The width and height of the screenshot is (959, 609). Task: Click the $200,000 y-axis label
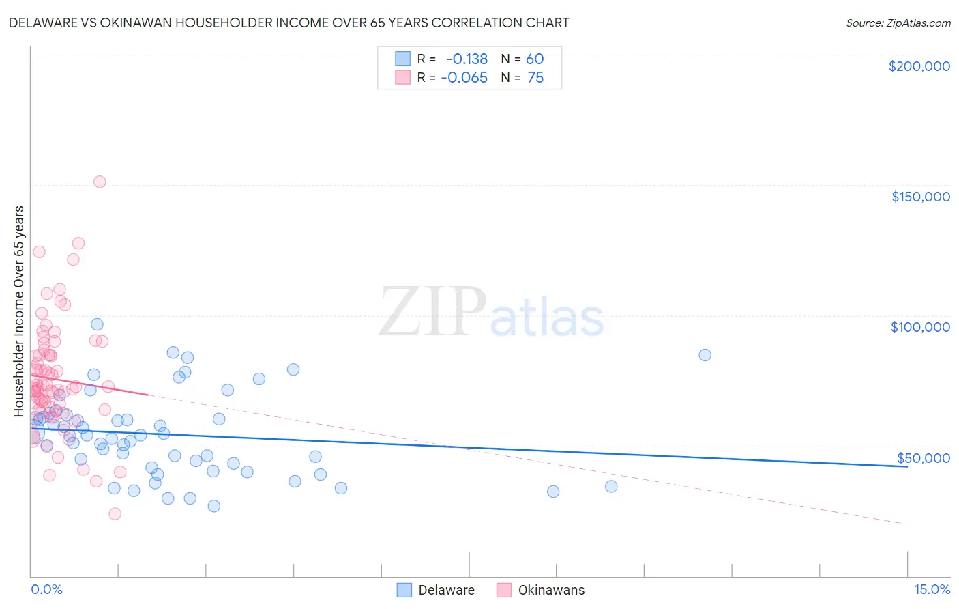(x=919, y=66)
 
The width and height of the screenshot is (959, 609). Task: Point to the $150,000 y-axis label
(x=920, y=197)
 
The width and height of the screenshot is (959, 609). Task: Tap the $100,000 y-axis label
(x=920, y=327)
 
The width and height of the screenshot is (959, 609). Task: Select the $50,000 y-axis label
(x=923, y=458)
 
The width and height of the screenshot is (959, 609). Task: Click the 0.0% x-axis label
(x=46, y=590)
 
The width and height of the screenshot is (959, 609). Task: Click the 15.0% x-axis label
(x=932, y=590)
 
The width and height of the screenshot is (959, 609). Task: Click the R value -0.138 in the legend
(x=467, y=59)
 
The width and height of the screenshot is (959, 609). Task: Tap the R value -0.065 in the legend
(x=464, y=78)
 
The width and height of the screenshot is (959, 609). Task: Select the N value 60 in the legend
(x=535, y=59)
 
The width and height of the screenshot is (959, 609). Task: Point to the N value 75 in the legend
(x=535, y=78)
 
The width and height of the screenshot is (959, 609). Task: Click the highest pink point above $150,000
(x=100, y=182)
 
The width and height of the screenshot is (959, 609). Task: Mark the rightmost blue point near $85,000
(x=705, y=355)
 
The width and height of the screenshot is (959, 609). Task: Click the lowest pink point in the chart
(x=115, y=513)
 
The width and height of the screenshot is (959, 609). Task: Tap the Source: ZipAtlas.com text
(x=898, y=23)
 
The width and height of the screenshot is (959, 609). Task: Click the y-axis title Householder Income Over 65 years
(x=19, y=311)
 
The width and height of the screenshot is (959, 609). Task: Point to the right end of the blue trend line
(x=907, y=466)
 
